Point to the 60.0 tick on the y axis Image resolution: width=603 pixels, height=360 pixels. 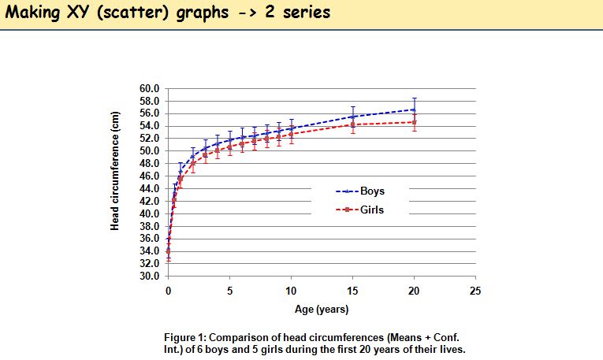[150, 88]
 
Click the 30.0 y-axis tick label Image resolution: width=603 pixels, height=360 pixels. [150, 276]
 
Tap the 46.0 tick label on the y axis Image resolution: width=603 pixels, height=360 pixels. [150, 176]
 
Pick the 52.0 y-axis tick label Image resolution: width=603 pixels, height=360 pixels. [150, 138]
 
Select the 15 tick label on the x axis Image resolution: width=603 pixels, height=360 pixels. [352, 291]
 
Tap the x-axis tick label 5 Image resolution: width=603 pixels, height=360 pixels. [229, 291]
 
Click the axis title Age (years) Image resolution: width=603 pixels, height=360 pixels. [322, 310]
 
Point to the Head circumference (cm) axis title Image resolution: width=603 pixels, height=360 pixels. [115, 181]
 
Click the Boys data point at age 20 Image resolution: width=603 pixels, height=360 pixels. [414, 109]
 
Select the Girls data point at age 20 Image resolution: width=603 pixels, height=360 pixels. [414, 122]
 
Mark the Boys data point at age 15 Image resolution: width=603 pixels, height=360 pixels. [352, 117]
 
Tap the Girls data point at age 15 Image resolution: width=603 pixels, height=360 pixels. [352, 124]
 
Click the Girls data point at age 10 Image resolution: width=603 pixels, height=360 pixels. [291, 134]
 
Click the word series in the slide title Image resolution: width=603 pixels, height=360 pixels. [300, 13]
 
